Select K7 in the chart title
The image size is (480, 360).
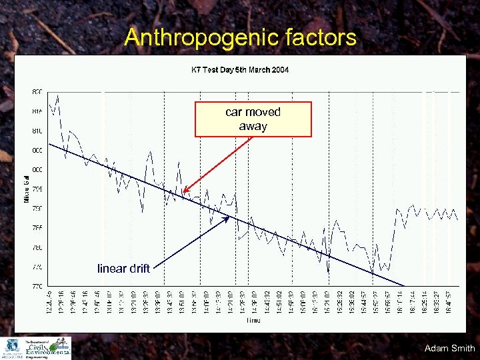coord(197,69)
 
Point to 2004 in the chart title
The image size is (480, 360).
coord(280,69)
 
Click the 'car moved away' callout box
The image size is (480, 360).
coord(253,119)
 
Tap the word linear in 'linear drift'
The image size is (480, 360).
coord(111,269)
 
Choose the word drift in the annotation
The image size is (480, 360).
coord(139,269)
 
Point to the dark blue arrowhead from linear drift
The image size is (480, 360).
coord(229,217)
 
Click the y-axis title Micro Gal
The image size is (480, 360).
coord(27,188)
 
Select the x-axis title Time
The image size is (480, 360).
coord(253,321)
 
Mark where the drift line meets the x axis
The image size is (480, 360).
coord(404,286)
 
